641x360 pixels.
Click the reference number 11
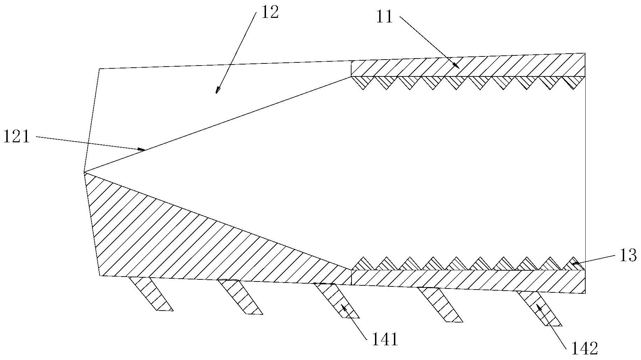coord(384,17)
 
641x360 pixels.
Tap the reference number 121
coord(16,136)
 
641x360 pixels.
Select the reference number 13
coord(627,256)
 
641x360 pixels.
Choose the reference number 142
coord(585,348)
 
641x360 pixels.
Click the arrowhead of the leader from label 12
coord(217,90)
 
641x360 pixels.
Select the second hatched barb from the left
coord(240,297)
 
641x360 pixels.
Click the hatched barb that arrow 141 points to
coord(336,300)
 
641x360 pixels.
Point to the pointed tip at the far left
coord(84,172)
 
